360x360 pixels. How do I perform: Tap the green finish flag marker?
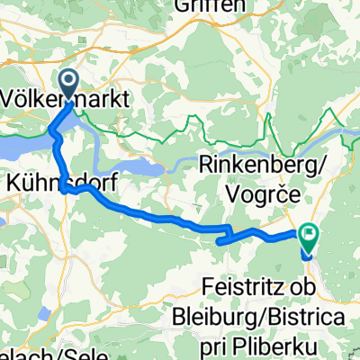coord(310,235)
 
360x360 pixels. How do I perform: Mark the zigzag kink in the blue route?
coord(229,236)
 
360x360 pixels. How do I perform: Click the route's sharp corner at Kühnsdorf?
coord(65,189)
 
